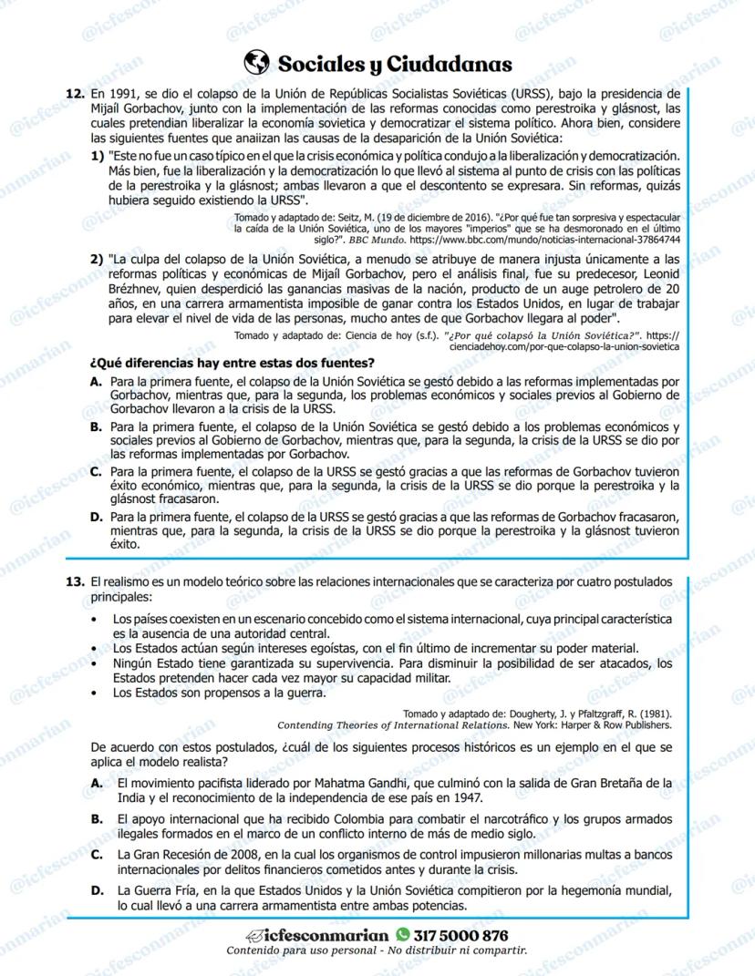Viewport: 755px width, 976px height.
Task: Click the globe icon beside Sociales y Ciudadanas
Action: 258,63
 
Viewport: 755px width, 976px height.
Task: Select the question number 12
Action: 76,94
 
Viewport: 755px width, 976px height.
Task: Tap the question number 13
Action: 76,580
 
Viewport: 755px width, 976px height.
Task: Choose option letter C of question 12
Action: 96,472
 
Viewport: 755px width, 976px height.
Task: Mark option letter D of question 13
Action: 97,889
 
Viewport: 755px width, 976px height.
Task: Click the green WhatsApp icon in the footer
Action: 403,935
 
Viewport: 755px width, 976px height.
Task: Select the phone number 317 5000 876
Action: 460,935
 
